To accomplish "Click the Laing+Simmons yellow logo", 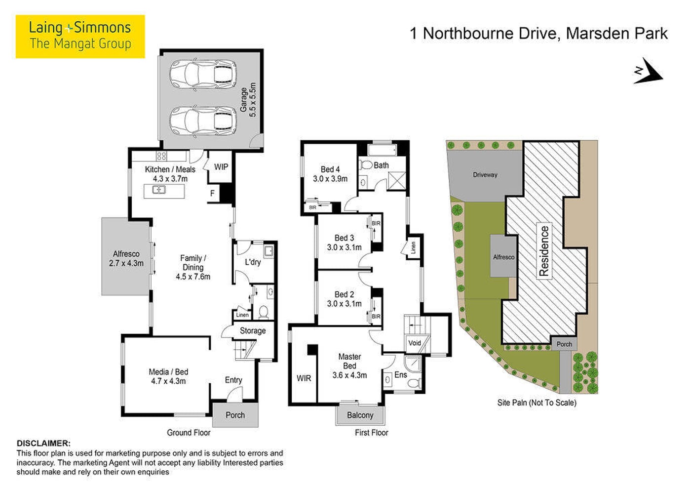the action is tap(80, 37).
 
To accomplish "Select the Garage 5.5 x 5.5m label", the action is tap(248, 99).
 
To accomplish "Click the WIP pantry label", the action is tap(221, 167).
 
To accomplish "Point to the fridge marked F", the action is tap(212, 194).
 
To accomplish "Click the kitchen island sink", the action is tap(159, 189).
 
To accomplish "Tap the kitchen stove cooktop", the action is tap(161, 156).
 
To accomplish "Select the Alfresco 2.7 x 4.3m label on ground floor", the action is tap(126, 258).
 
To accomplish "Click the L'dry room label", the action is tap(253, 262).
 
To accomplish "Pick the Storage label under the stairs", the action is tap(253, 330).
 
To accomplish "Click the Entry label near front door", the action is tap(233, 380).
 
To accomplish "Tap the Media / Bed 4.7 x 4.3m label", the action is tap(168, 376).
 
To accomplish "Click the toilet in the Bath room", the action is tap(366, 165).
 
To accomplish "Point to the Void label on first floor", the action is tap(414, 343).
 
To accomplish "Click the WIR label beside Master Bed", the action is tap(304, 378).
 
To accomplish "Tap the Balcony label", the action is tap(360, 415).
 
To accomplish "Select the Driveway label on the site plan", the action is tap(485, 175).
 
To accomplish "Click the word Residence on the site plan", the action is tap(544, 251).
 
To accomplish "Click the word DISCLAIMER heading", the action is tap(43, 444).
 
